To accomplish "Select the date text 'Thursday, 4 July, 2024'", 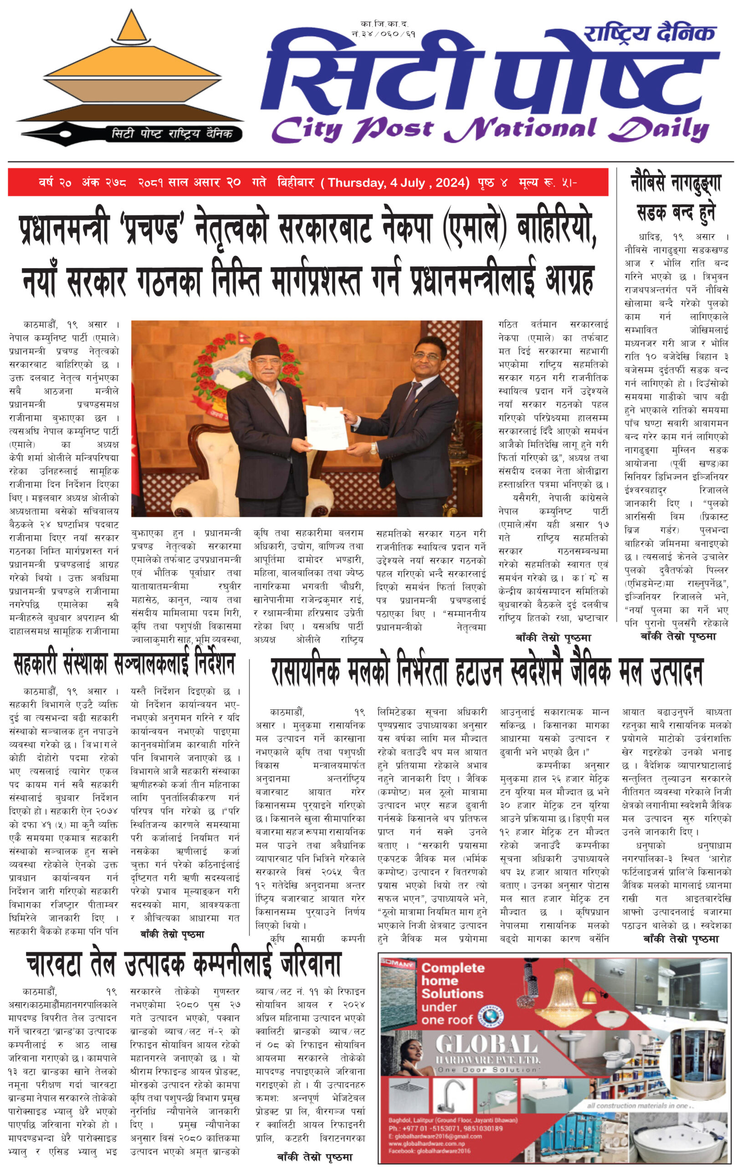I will tap(399, 183).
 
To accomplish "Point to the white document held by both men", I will tap(327, 428).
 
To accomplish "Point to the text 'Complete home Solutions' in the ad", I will tap(452, 987).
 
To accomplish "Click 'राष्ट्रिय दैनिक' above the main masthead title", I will tap(650, 33).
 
